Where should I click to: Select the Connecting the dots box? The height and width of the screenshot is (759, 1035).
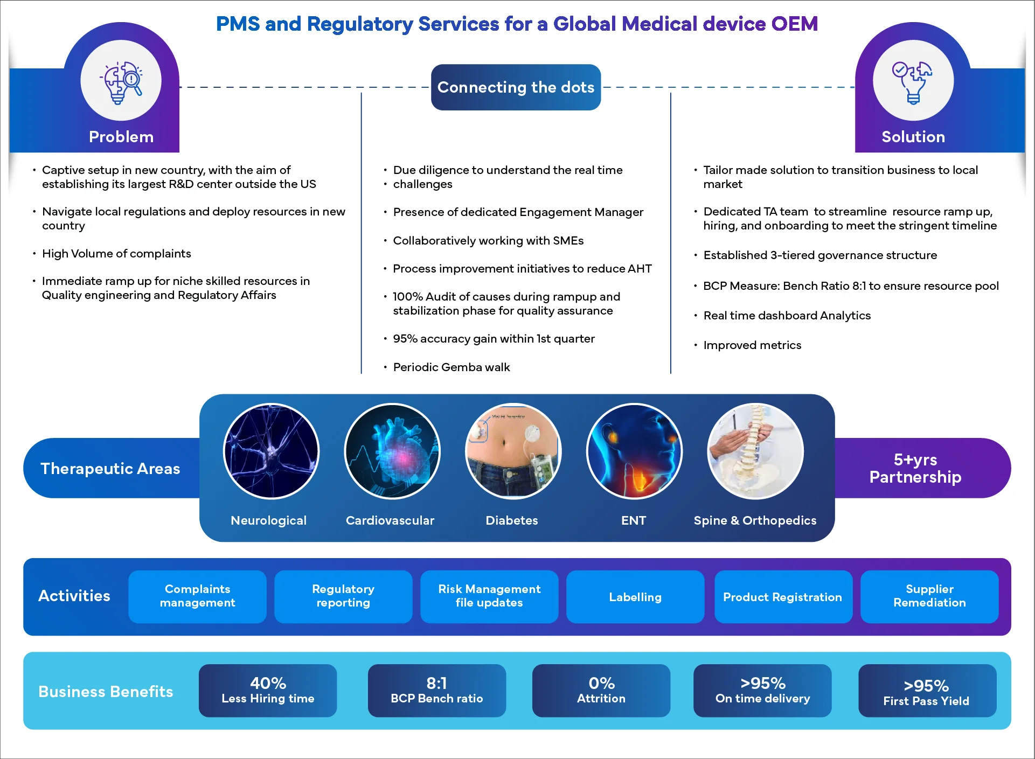click(x=516, y=87)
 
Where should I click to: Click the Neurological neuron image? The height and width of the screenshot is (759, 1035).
click(x=271, y=451)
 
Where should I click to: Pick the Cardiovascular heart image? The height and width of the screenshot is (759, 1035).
click(x=392, y=451)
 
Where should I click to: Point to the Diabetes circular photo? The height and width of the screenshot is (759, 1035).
click(x=513, y=451)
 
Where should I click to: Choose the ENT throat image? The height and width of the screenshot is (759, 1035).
click(x=634, y=451)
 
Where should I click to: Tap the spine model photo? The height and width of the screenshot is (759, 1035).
click(x=755, y=451)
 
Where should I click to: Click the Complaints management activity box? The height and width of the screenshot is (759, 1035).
click(x=197, y=596)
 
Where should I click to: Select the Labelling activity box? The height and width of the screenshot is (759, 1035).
click(x=635, y=596)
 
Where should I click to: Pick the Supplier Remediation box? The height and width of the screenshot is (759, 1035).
click(x=929, y=596)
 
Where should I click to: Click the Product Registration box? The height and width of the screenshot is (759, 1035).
click(x=783, y=596)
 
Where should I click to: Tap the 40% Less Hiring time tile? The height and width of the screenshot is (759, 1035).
click(x=268, y=690)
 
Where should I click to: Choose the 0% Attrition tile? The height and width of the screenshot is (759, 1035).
click(x=601, y=690)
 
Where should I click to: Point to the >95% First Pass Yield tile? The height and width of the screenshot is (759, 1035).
click(x=927, y=691)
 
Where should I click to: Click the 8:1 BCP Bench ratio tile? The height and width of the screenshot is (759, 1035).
click(x=436, y=690)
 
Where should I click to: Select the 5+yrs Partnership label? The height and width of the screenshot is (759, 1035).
click(x=915, y=468)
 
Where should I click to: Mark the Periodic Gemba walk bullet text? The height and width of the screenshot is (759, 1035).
click(x=451, y=367)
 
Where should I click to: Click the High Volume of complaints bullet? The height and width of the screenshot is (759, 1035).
click(x=116, y=254)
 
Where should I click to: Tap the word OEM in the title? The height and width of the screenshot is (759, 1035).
click(x=794, y=24)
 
